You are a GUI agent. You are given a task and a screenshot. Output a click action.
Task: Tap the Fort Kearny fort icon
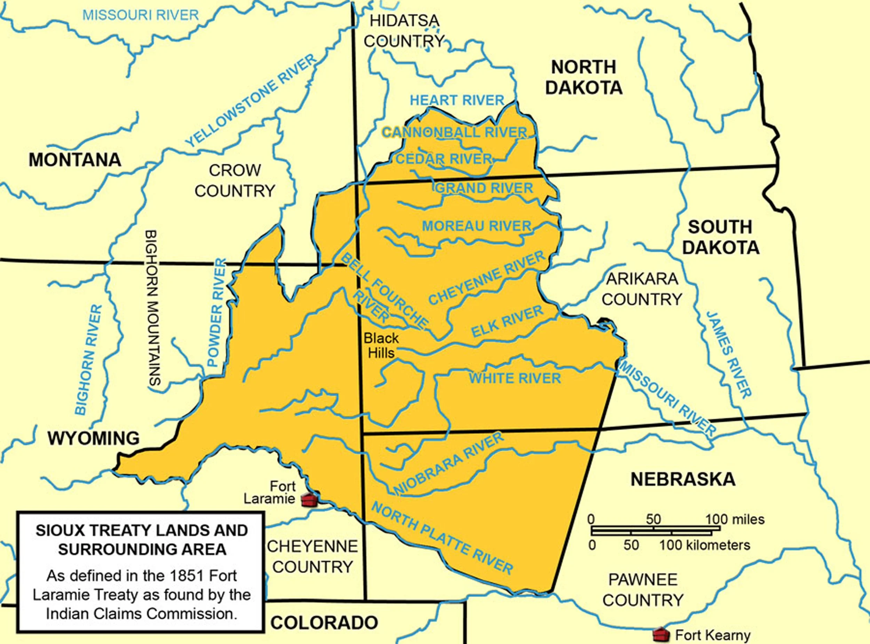[x=661, y=634]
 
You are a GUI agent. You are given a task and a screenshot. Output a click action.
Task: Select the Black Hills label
[x=381, y=345]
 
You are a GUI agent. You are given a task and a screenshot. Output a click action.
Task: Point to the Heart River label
[x=457, y=100]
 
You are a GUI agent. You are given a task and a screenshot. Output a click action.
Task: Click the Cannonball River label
[x=455, y=132]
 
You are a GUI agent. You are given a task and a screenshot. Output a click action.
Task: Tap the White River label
[x=515, y=378]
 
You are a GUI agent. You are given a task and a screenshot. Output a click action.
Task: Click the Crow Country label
[x=235, y=180]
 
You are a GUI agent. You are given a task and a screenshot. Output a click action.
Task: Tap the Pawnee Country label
[x=642, y=589]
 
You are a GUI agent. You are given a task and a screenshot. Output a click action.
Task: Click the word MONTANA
[x=75, y=160]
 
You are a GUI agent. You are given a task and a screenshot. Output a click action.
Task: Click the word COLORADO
[x=324, y=622]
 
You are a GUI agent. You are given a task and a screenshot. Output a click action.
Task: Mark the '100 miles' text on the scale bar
[x=735, y=519]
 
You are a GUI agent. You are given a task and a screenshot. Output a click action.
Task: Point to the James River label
[x=729, y=355]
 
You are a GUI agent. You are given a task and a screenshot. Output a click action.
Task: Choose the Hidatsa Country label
[x=404, y=30]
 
